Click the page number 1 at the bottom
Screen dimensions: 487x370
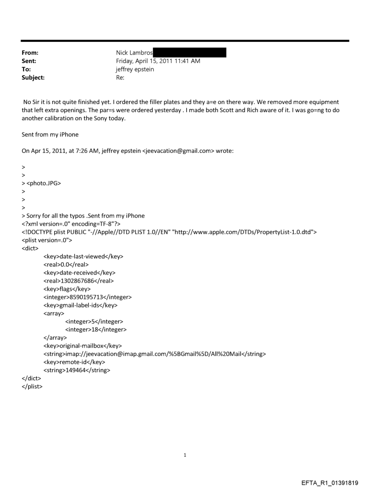pyautogui.click(x=185, y=455)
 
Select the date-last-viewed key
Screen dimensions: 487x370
pyautogui.click(x=83, y=256)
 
